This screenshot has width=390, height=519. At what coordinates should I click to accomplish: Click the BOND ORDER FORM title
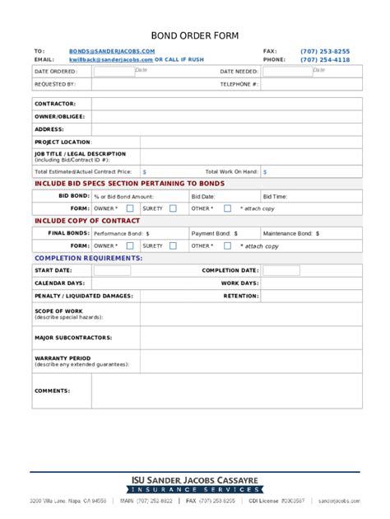click(194, 36)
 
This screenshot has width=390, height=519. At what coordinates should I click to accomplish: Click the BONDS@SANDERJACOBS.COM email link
click(112, 51)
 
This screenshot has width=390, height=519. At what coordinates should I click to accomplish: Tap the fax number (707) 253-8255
click(324, 51)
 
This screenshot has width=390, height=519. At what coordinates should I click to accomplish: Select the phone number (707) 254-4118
click(324, 60)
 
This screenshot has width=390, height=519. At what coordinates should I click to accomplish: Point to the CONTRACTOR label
click(55, 104)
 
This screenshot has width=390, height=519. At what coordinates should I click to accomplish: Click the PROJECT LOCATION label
click(63, 142)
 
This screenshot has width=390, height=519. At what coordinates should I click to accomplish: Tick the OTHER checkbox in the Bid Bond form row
click(228, 208)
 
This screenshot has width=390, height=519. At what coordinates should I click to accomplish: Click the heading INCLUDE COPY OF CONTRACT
click(86, 222)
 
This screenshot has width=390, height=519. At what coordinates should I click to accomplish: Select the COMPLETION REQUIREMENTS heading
click(88, 259)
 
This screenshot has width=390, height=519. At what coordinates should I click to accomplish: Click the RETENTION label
click(241, 295)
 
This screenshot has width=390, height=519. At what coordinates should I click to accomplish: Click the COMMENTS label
click(52, 390)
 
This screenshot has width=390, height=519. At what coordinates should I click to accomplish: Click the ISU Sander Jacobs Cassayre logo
click(194, 483)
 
